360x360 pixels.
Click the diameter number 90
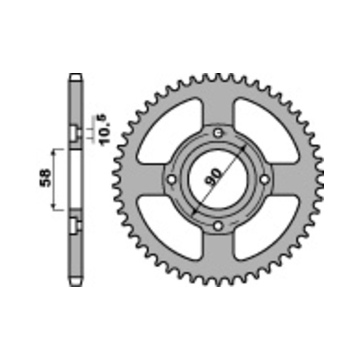pyautogui.click(x=215, y=176)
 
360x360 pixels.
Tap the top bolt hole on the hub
pyautogui.click(x=217, y=133)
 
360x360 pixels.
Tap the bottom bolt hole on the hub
pyautogui.click(x=217, y=226)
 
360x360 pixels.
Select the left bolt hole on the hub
pyautogui.click(x=171, y=179)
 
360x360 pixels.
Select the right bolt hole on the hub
pyautogui.click(x=265, y=179)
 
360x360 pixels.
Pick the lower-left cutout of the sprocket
pyautogui.click(x=167, y=229)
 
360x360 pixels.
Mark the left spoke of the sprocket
pyautogui.click(x=144, y=179)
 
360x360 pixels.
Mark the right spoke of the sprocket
pyautogui.click(x=292, y=179)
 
